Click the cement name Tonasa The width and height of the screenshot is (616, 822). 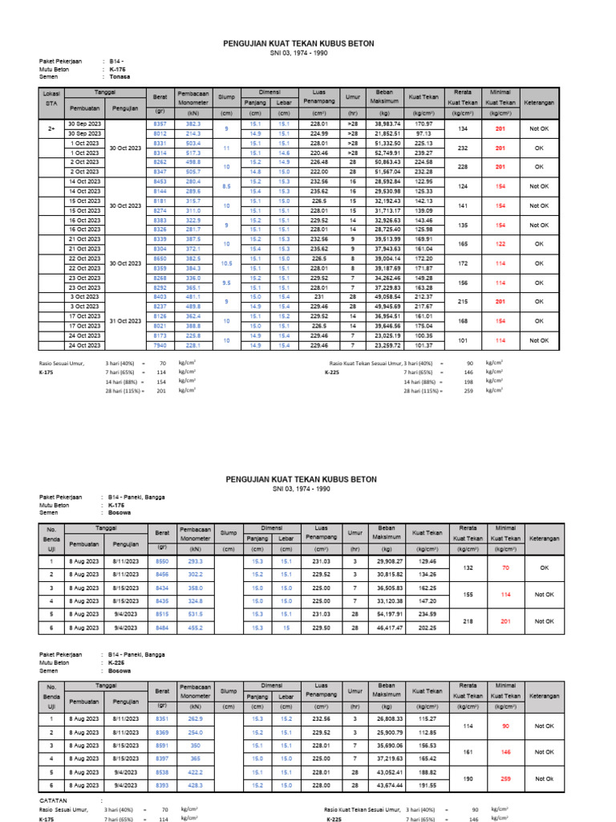click(120, 77)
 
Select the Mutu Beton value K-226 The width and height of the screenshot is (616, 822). click(117, 663)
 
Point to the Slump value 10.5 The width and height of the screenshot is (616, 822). click(227, 263)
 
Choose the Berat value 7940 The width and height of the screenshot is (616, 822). click(160, 345)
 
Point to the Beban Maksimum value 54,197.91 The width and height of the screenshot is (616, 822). click(387, 614)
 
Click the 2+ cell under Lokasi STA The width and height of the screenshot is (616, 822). click(51, 128)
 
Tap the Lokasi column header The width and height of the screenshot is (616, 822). click(51, 94)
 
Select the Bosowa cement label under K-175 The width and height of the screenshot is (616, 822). click(120, 511)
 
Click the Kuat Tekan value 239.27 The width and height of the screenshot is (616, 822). click(423, 153)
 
